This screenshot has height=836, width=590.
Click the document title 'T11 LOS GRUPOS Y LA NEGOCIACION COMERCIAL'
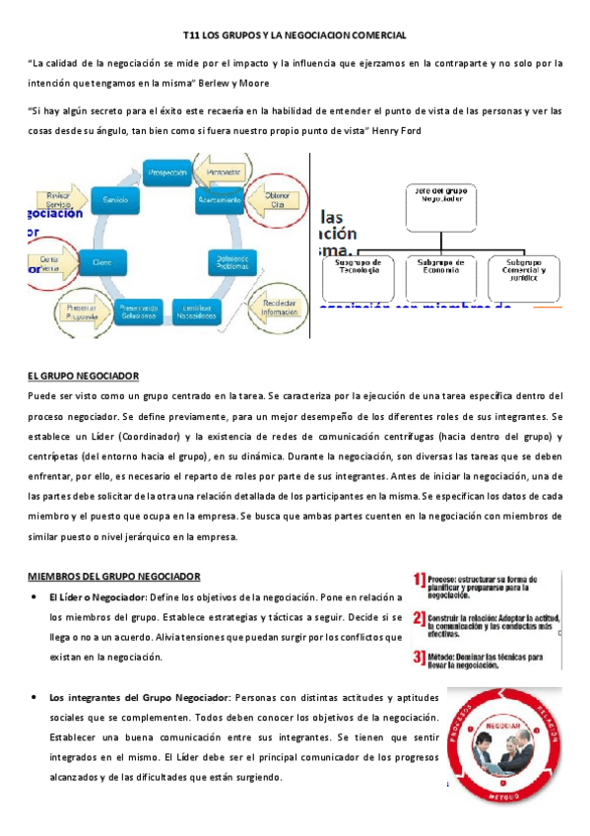(295, 35)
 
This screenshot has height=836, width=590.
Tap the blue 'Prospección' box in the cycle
(167, 174)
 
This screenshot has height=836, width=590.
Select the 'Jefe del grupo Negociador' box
(441, 202)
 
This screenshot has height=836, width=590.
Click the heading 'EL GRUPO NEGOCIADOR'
(83, 376)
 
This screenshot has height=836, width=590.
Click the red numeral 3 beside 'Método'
(420, 659)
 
